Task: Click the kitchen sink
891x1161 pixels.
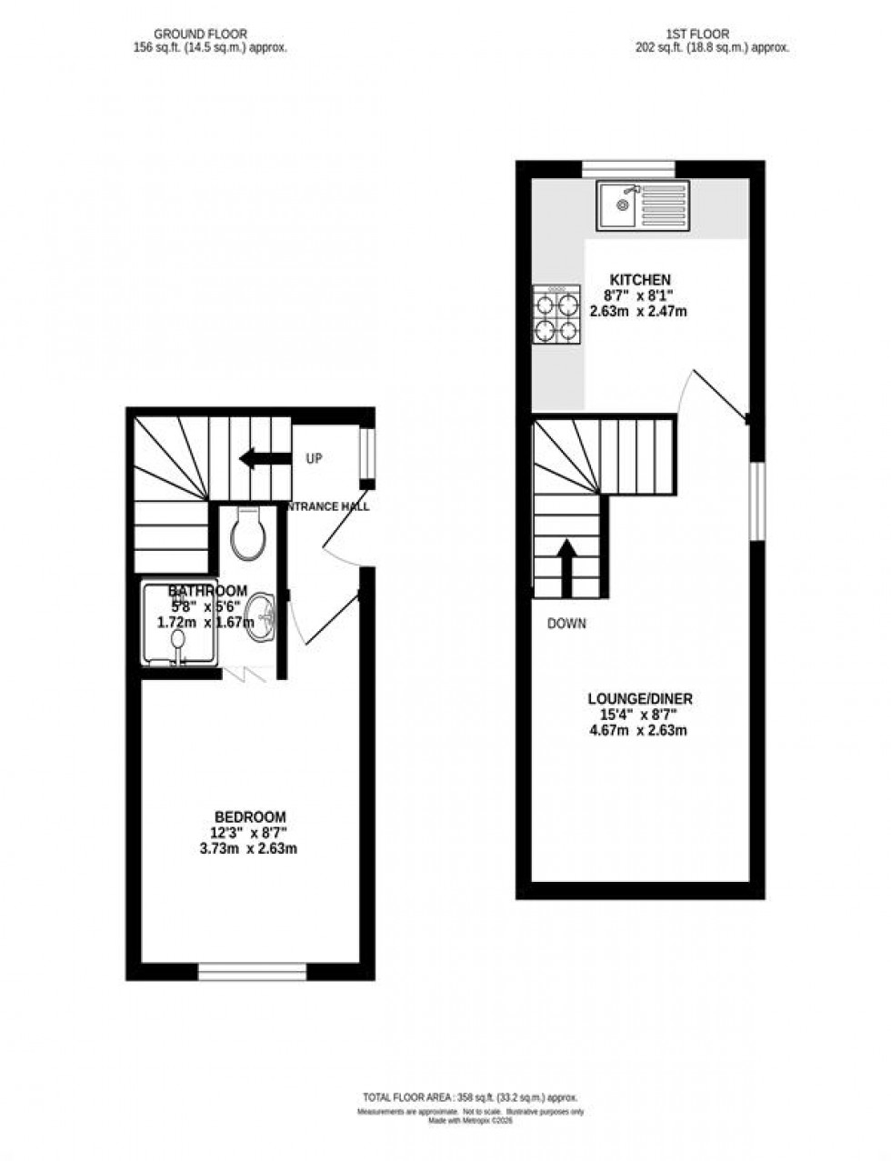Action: (642, 205)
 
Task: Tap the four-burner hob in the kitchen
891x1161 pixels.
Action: (556, 315)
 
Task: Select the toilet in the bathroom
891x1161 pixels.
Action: (247, 533)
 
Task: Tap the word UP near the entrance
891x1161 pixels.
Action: (314, 459)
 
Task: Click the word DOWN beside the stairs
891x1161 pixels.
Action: (566, 624)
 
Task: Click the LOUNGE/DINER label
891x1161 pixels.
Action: (640, 698)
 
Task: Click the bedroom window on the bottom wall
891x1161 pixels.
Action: (252, 972)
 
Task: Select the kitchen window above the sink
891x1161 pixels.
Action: (628, 168)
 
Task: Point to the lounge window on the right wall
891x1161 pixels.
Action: (755, 502)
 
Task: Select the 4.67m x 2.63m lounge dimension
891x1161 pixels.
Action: (638, 729)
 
